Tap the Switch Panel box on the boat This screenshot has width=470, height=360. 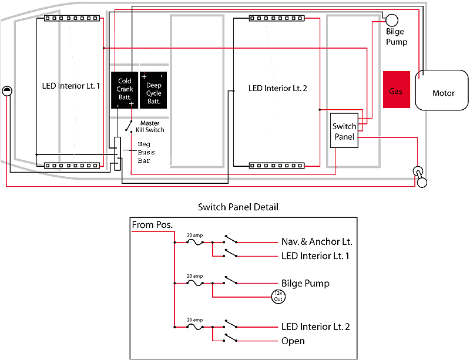point(344,130)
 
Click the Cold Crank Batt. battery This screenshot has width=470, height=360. point(125,89)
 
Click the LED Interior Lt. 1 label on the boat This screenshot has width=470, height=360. point(71,86)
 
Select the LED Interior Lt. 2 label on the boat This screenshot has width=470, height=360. point(278,89)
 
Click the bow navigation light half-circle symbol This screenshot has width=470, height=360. point(6,90)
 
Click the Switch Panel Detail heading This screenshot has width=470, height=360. point(238,207)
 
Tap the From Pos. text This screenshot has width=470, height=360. point(152,225)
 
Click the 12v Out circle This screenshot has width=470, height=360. point(277,297)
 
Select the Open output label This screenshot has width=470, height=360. point(293,341)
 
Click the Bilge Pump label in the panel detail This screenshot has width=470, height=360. point(305,283)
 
